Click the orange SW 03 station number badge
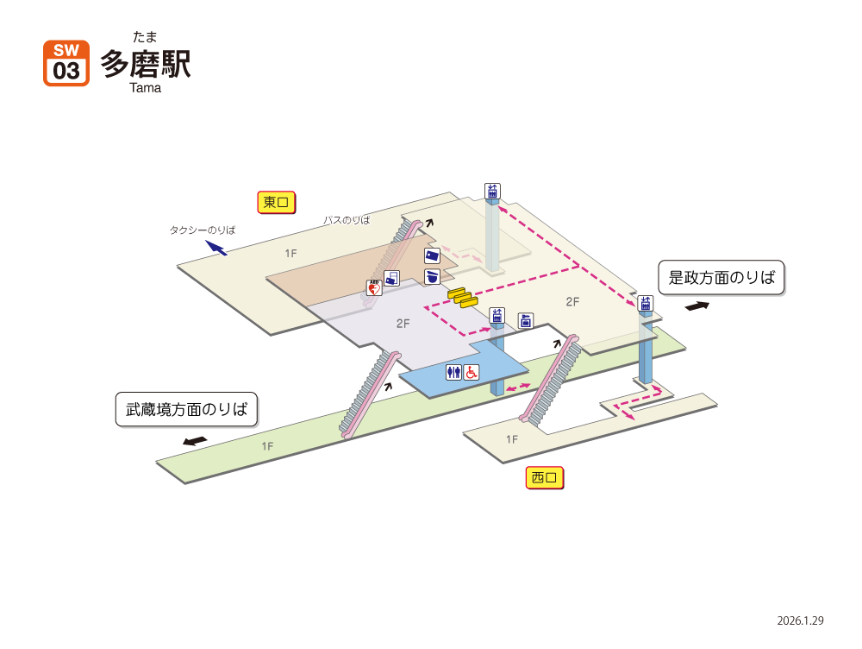[66, 63]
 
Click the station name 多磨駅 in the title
[146, 64]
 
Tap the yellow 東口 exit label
[276, 202]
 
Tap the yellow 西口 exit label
[544, 477]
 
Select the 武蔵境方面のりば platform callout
[186, 409]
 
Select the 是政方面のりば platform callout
[721, 277]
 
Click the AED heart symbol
[374, 287]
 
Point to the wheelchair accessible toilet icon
[472, 373]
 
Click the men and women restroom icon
[453, 373]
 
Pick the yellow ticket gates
[463, 297]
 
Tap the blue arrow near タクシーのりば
[216, 248]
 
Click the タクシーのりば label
[203, 230]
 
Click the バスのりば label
[347, 220]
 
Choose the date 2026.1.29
[800, 621]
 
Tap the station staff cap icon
[432, 276]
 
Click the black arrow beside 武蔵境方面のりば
[195, 441]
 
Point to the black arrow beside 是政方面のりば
[697, 306]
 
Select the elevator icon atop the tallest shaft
[492, 191]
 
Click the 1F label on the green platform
[267, 446]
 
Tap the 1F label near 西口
[512, 439]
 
